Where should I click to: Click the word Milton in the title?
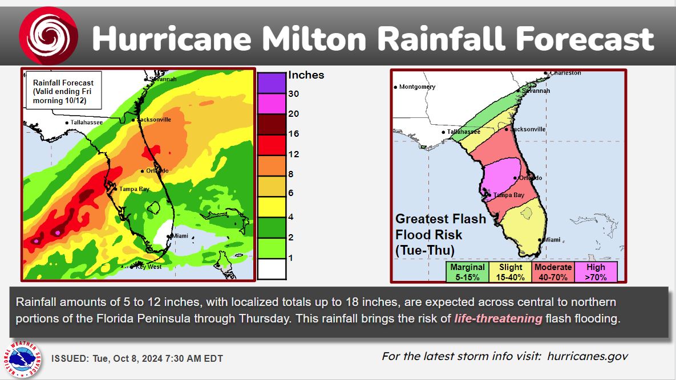tap(310, 39)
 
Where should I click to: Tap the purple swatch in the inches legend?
tap(272, 83)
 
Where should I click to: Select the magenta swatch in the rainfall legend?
tap(272, 103)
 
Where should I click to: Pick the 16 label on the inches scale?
tap(294, 134)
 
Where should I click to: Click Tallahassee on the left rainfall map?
tap(83, 122)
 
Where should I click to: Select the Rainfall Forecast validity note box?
tap(63, 90)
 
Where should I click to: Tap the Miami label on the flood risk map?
tap(551, 240)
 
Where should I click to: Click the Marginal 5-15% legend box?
tap(467, 272)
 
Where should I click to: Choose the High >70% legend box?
tap(595, 272)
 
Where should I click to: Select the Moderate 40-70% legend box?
tap(553, 272)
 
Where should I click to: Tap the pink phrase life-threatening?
tap(498, 318)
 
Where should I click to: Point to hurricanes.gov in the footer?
tap(587, 357)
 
